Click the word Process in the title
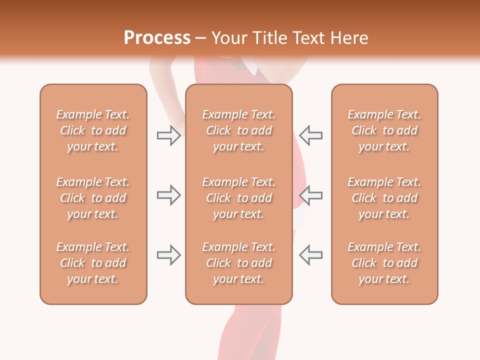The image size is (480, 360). tap(157, 38)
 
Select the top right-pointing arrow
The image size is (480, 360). tap(168, 135)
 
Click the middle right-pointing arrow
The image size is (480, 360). tap(168, 195)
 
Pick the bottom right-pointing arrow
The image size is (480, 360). tap(168, 255)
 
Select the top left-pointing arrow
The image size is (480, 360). tap(311, 135)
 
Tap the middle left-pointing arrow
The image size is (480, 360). tap(311, 195)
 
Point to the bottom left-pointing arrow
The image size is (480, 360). tap(311, 255)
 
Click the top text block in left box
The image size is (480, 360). tap(93, 130)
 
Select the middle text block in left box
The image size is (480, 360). tap(93, 198)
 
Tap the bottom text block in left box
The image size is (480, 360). tap(93, 263)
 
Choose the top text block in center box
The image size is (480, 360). tap(238, 130)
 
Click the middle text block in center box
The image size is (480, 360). tap(238, 198)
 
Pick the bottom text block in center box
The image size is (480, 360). tap(238, 263)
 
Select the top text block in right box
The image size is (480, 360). tap(384, 130)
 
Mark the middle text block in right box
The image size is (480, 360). tap(384, 198)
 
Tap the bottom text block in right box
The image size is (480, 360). tap(384, 263)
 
